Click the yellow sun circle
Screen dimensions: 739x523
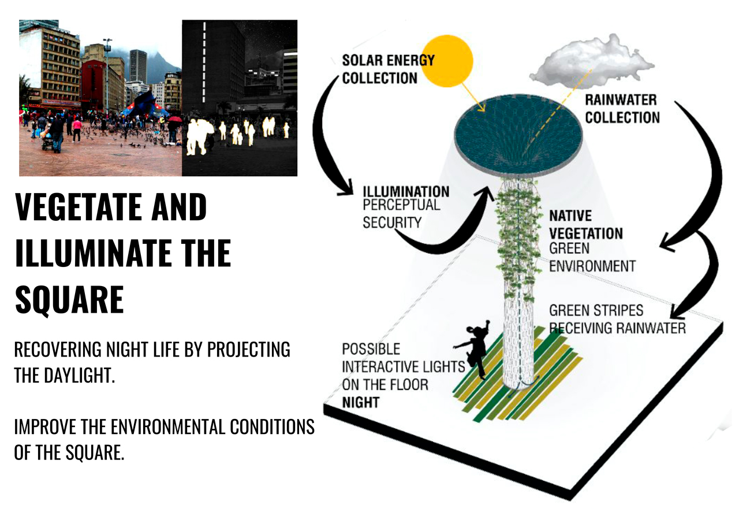click(447, 61)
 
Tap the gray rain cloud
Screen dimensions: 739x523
click(591, 60)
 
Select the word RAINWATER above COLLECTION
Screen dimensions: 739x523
click(621, 100)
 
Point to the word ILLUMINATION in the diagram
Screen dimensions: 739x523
click(406, 191)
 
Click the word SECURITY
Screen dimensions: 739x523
click(392, 222)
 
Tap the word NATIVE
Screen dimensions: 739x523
click(570, 216)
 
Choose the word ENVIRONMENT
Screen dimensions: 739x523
click(592, 266)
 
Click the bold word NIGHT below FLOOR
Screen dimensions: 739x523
click(361, 402)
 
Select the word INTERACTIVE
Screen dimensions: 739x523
click(404, 367)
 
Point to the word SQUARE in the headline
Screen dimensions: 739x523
click(70, 300)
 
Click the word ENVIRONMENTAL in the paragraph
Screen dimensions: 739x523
click(168, 426)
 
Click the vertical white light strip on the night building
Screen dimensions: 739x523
click(204, 62)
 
